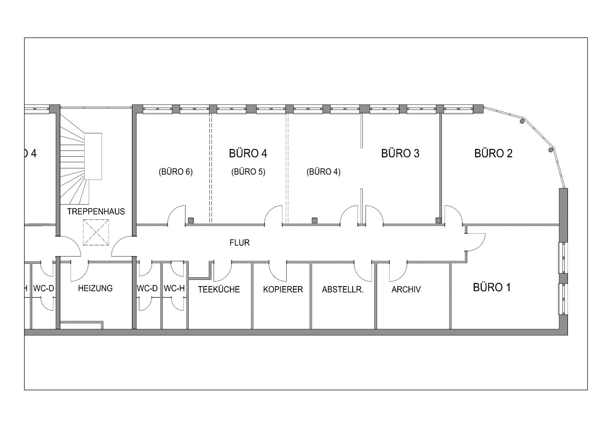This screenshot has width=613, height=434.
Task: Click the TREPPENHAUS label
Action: pos(96,212)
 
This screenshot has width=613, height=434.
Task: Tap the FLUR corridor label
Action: pos(239,243)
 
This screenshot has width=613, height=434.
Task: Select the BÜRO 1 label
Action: pos(492,287)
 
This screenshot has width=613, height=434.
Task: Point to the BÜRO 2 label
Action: pos(493,153)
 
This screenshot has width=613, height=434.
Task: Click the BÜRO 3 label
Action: pos(400,153)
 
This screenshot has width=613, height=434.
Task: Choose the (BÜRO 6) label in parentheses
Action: pos(176,172)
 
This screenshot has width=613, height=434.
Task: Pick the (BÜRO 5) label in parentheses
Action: pos(248,172)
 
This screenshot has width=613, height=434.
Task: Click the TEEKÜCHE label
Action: pos(219,290)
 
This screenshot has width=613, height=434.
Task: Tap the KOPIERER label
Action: pos(283,290)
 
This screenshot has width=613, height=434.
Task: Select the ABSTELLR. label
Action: pos(343,290)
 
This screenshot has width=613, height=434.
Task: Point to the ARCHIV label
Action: pos(406,290)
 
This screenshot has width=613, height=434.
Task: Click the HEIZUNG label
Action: pos(95,288)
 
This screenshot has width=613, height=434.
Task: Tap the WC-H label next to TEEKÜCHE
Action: pos(174,288)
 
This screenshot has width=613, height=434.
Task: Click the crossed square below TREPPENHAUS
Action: pos(96,232)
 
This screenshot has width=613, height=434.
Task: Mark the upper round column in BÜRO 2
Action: pos(522,121)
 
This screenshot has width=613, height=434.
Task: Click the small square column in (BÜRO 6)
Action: pos(191,221)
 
